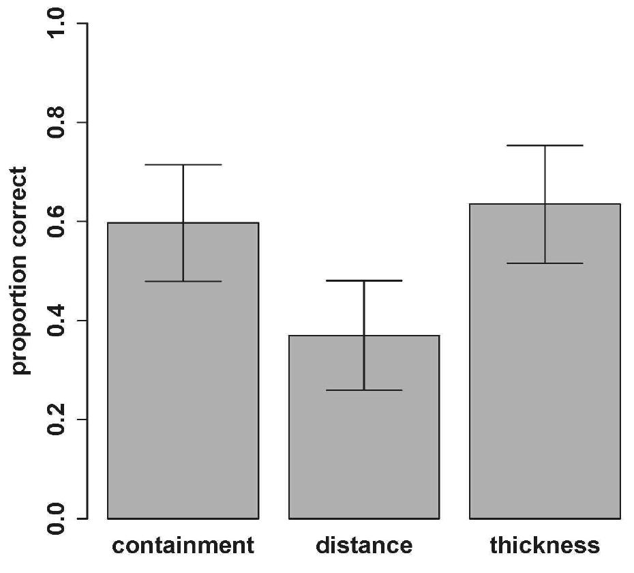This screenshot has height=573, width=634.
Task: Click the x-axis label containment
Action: pos(183,546)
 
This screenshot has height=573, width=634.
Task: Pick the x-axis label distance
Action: pos(364,546)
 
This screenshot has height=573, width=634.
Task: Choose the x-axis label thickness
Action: pos(545,546)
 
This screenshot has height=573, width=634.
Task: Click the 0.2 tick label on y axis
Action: pos(57,419)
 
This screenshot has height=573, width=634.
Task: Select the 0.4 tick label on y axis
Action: pos(57,320)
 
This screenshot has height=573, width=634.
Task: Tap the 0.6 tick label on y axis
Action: pos(57,221)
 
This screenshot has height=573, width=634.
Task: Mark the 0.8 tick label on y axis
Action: pos(57,122)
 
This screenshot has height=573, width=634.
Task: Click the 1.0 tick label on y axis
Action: pos(57,24)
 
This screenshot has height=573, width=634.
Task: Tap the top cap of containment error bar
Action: pos(183,164)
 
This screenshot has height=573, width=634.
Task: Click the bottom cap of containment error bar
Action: pos(183,281)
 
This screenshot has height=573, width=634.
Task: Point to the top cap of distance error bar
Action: pos(364,280)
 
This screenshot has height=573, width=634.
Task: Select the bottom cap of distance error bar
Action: pos(364,390)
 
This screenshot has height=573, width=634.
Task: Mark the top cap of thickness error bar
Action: pos(545,145)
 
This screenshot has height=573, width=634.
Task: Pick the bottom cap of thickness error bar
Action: pos(545,263)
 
